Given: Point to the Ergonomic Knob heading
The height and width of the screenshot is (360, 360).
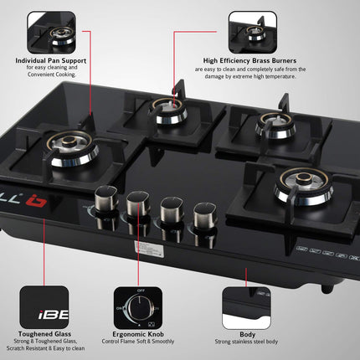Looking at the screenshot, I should coord(140,333).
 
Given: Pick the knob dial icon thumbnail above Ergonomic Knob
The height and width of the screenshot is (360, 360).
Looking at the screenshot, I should coord(139,306).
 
